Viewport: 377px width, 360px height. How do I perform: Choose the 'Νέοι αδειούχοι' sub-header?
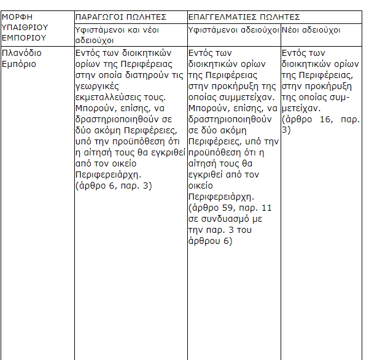[311, 29]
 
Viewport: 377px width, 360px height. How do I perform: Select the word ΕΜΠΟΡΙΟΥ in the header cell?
[23, 37]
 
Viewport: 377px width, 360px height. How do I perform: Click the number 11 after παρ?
[266, 208]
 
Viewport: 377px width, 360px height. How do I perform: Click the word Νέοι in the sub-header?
[291, 29]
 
